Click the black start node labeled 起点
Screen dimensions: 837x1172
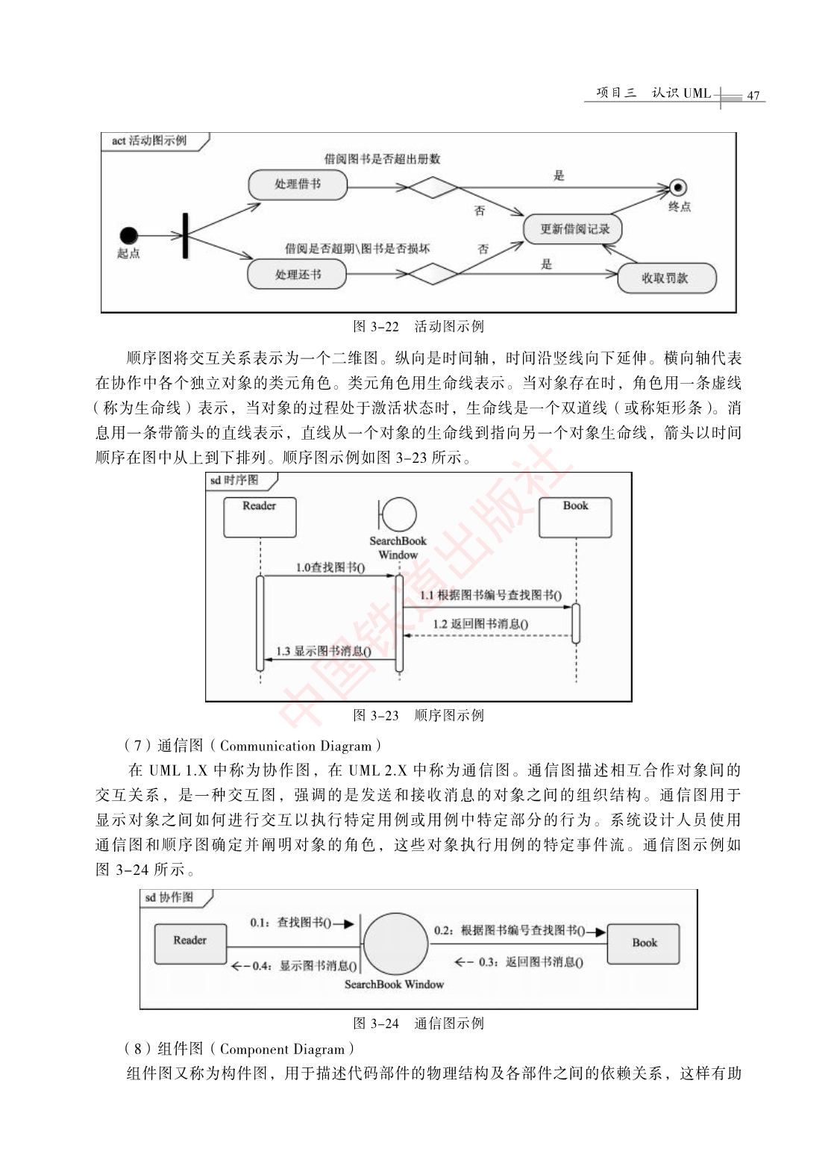[128, 235]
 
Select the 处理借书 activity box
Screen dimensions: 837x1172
[298, 184]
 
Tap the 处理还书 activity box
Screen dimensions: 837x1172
[297, 274]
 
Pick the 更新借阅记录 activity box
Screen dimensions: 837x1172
[573, 228]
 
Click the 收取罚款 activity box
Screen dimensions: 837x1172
[667, 278]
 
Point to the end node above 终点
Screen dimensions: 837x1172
[678, 187]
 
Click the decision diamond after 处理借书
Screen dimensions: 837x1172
[433, 187]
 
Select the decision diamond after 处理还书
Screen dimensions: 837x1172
[433, 274]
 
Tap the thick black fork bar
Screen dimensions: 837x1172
[185, 235]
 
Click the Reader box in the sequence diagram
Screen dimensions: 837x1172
[260, 517]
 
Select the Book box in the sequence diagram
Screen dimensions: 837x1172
[575, 517]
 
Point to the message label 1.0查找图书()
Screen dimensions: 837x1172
[330, 567]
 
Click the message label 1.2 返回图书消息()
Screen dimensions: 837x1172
[480, 623]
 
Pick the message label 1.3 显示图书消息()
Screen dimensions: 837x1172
[324, 652]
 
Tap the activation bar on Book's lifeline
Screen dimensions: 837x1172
[576, 623]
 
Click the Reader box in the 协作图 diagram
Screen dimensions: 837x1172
[190, 944]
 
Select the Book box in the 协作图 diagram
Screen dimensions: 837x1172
[644, 944]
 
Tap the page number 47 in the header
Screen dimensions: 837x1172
[753, 96]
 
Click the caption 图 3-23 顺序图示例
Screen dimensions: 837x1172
[418, 715]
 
